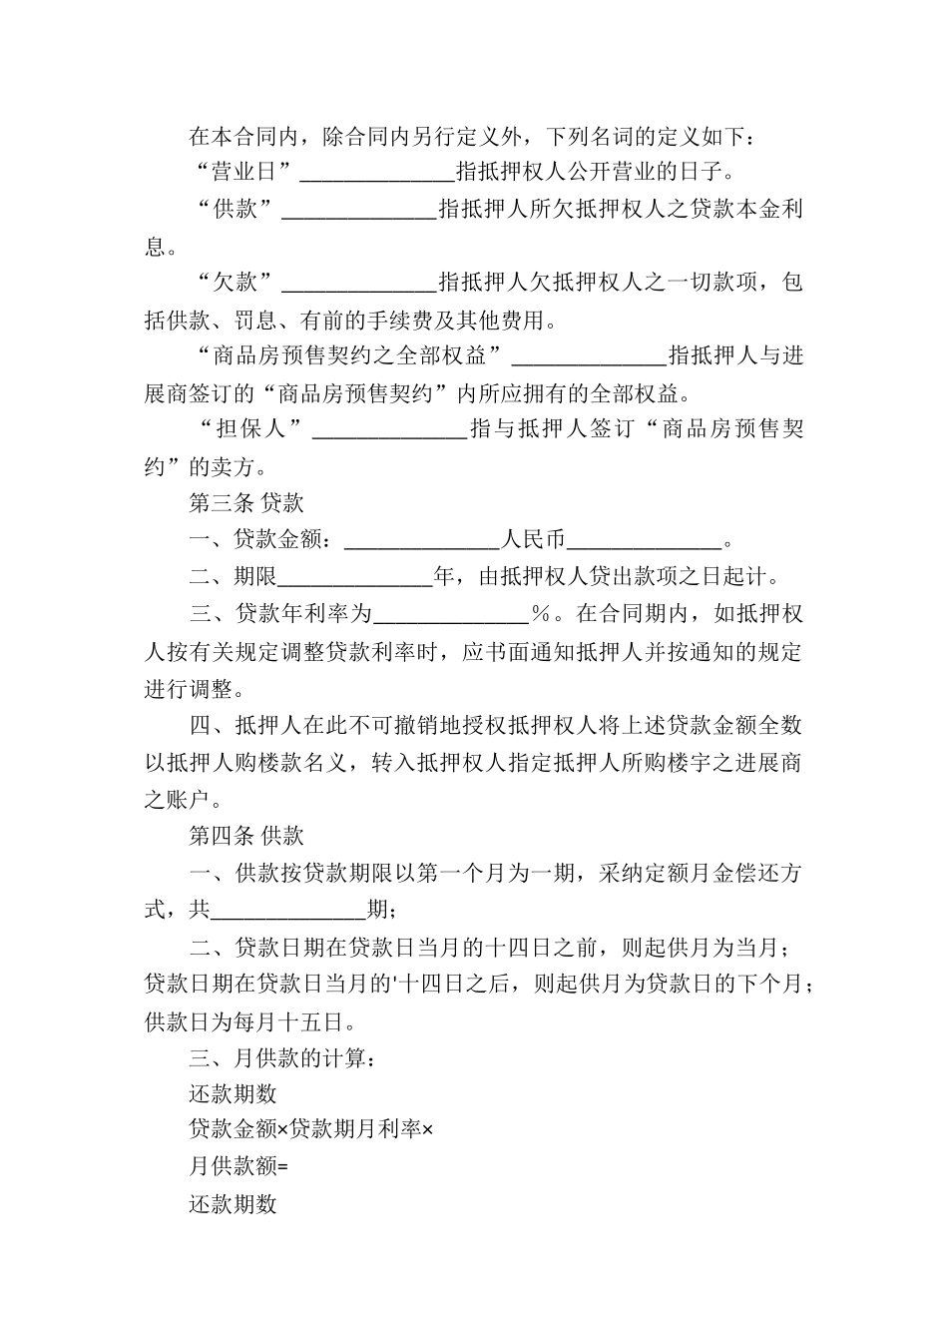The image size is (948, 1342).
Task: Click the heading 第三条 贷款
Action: [246, 503]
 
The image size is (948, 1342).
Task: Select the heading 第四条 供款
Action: [246, 835]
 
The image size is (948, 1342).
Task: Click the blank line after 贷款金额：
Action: [421, 541]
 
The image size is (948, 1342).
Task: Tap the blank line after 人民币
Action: [644, 541]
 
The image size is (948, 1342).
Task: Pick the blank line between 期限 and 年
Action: [354, 578]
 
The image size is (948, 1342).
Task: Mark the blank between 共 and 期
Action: [289, 910]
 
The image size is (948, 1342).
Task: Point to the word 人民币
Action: [533, 540]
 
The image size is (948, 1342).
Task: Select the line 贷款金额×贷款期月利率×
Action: [311, 1130]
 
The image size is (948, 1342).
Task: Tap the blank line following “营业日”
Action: [377, 173]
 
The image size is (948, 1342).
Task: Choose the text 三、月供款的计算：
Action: [283, 1057]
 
